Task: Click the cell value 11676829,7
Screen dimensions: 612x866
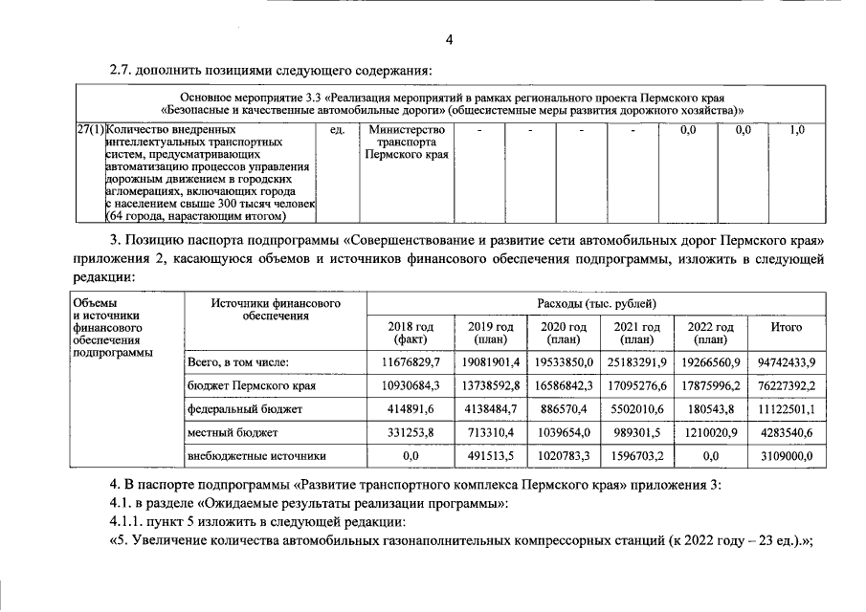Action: [x=411, y=362]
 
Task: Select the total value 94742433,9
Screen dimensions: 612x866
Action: [x=787, y=362]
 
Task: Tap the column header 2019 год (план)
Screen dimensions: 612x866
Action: [x=490, y=333]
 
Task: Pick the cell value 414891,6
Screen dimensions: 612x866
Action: [x=411, y=409]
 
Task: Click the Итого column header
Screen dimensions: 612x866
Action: [x=787, y=327]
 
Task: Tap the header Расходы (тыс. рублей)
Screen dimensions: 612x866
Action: [x=597, y=303]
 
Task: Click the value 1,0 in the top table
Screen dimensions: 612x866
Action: [x=797, y=128]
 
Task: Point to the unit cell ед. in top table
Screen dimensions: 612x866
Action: [x=336, y=128]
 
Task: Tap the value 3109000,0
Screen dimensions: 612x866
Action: [x=787, y=457]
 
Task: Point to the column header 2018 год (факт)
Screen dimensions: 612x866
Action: [x=411, y=333]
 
